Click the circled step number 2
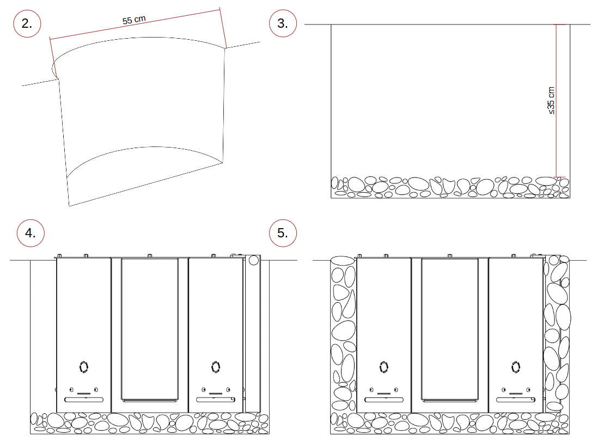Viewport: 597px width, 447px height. [27, 23]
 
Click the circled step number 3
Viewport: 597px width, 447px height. [283, 23]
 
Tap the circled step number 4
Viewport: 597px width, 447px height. [31, 233]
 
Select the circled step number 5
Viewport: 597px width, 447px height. [283, 233]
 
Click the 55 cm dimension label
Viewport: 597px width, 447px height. [134, 20]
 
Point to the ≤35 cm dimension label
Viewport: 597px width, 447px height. [551, 100]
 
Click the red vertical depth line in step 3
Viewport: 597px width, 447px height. [556, 101]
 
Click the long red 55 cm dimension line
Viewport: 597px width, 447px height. [135, 24]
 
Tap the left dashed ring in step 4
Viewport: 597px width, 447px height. [84, 367]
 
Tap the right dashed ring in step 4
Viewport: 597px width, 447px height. [216, 367]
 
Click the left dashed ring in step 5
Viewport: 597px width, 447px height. [384, 367]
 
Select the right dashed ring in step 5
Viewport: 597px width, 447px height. [516, 367]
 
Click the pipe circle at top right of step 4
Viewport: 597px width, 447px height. [254, 261]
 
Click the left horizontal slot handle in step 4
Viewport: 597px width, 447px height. [84, 400]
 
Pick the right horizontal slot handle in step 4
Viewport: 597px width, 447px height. [216, 400]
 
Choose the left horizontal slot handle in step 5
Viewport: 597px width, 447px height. [384, 400]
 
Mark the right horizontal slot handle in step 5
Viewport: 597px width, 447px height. [515, 400]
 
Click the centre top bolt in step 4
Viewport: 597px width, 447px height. [150, 256]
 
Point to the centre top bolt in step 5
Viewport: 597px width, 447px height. [449, 256]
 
